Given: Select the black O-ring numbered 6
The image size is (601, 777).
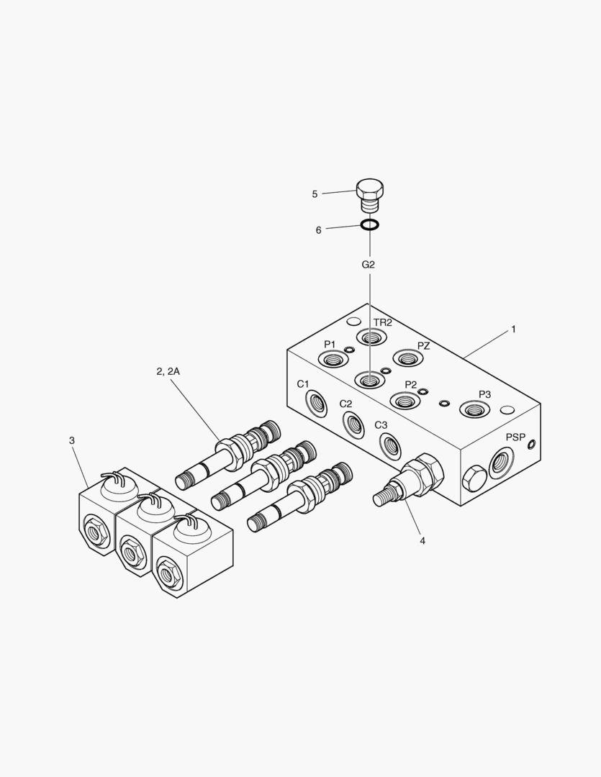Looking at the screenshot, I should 369,226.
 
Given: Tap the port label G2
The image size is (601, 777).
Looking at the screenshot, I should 368,265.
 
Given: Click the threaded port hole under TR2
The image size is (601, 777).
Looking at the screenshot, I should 372,337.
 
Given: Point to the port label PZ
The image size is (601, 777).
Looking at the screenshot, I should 423,346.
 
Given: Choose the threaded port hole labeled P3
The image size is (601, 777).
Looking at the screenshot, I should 474,410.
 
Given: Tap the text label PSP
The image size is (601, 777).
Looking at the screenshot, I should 515,437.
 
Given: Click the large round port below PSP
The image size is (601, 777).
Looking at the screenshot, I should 501,462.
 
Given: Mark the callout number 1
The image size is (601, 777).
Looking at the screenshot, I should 513,329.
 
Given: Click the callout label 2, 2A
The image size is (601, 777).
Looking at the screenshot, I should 168,371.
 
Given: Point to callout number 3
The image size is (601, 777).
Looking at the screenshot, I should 71,440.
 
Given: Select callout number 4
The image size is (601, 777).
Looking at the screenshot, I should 422,540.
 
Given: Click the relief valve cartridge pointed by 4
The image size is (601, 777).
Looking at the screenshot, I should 410,482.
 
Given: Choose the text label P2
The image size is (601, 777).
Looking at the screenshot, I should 410,384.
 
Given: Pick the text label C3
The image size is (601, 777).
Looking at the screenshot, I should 381,424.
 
